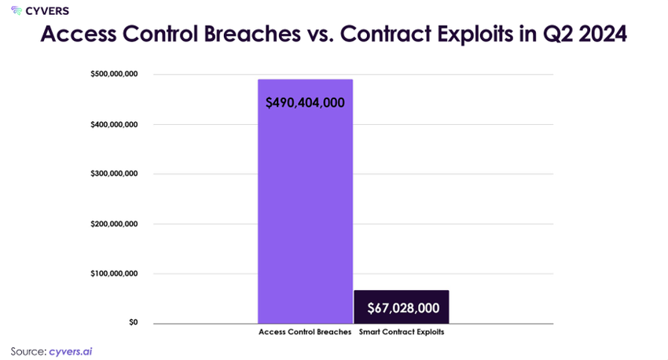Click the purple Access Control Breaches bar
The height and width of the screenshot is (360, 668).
coord(305,201)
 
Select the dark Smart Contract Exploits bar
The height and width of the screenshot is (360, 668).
coord(402,307)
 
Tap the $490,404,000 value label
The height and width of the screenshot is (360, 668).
coord(305,103)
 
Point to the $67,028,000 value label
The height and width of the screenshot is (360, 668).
coord(403,308)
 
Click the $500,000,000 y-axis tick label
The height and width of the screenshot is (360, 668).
coord(114,74)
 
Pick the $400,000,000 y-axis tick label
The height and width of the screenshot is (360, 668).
coord(114,124)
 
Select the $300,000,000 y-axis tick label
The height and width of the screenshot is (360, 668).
coord(114,174)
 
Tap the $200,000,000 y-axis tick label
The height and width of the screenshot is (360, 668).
coord(114,224)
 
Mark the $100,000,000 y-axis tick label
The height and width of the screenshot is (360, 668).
coord(114,274)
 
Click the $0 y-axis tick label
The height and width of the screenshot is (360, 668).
coord(134,322)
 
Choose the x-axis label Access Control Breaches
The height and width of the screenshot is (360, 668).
coord(305,332)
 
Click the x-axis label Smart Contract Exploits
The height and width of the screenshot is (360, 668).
coord(402,332)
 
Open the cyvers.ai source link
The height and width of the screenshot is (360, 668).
coord(70,351)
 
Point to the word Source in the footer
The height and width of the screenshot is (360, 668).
coord(28,351)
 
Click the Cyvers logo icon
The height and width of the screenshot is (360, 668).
coord(17,11)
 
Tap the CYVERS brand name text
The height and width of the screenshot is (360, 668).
coord(47,11)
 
